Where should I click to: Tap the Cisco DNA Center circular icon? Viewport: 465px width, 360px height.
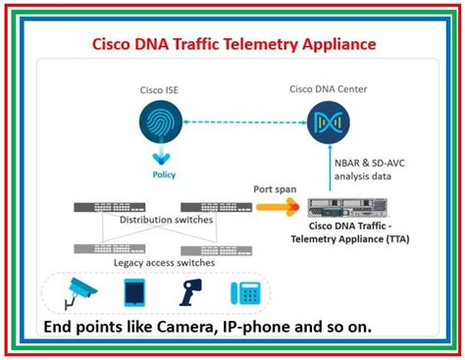click(x=327, y=122)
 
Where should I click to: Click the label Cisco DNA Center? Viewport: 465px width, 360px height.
click(x=327, y=88)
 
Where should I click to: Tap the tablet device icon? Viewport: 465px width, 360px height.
click(x=134, y=291)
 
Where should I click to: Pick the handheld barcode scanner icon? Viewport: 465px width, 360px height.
click(x=188, y=290)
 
